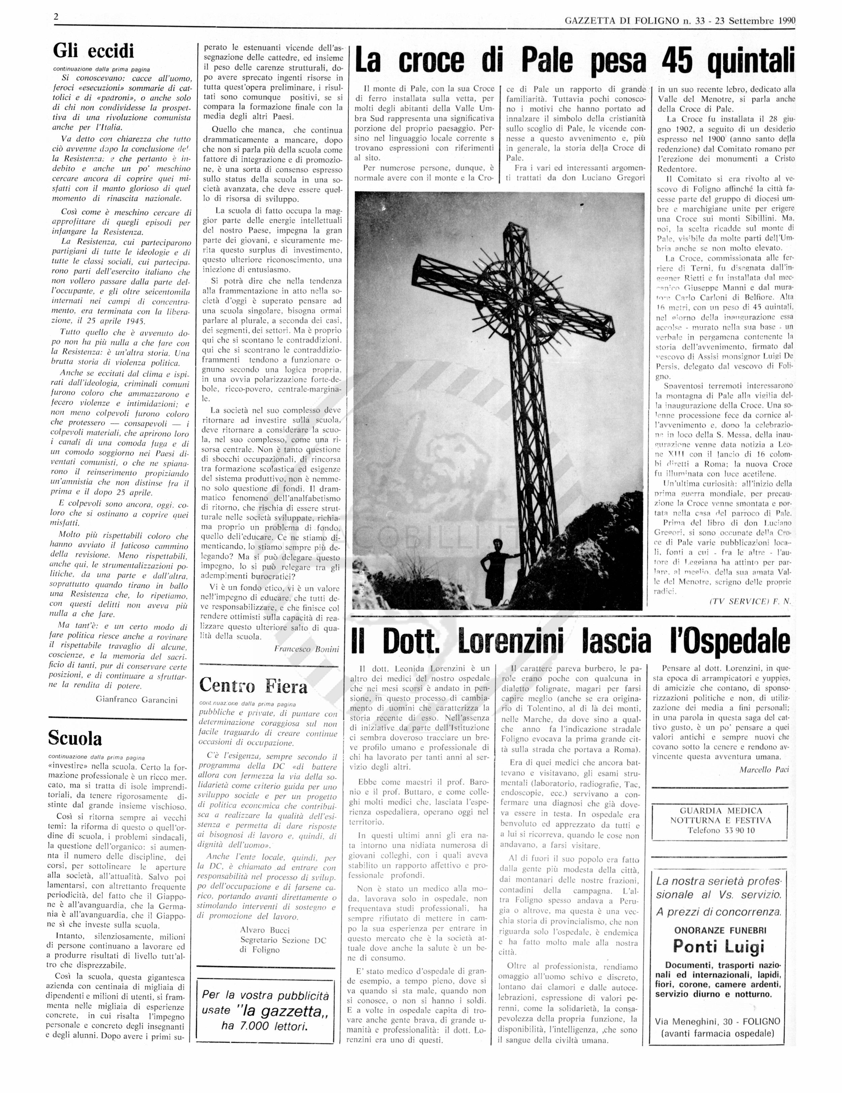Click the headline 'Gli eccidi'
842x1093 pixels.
94,52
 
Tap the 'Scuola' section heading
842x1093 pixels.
75,738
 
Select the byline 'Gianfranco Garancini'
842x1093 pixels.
137,700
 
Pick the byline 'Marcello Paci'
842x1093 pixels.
764,770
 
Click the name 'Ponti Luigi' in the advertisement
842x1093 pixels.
718,947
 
